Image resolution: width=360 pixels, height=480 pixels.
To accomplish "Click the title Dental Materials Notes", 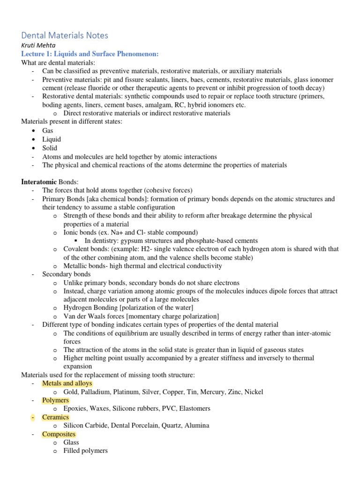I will coord(65,35).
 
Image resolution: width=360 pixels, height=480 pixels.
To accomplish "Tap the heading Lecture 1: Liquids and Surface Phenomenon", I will coord(90,54).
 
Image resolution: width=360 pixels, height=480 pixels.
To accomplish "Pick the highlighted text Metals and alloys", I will coord(67,383).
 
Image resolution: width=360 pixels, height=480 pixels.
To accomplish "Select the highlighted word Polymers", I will coord(55,400).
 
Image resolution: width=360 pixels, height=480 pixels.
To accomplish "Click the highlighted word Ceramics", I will coord(55,417).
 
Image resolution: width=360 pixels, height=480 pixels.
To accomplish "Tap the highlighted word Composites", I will coord(59,434).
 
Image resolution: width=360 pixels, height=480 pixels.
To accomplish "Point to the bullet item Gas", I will coord(48,131).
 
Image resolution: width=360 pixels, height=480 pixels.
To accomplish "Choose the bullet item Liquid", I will coord(52,139).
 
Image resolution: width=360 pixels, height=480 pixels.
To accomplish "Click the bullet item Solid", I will coord(50,148).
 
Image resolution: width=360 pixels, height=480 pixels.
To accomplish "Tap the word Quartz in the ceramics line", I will coord(169,426).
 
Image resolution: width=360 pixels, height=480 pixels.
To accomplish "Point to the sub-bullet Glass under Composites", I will coord(71,442).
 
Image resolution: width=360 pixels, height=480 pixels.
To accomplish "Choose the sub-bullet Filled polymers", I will coord(85,451).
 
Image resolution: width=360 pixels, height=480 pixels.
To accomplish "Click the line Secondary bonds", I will coord(67,274).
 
